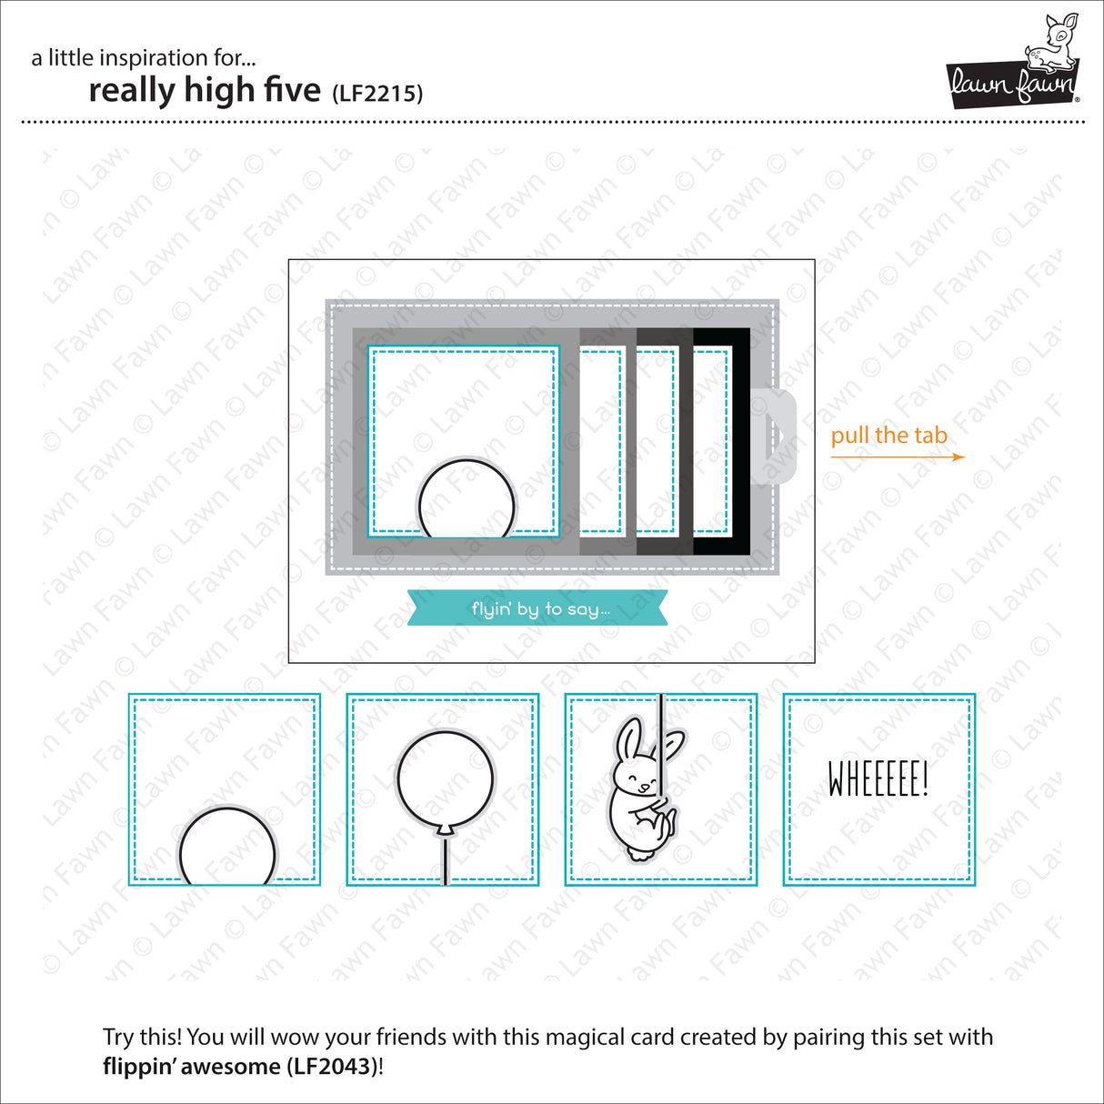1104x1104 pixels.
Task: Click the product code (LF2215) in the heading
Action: click(377, 93)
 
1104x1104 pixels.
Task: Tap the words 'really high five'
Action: click(205, 91)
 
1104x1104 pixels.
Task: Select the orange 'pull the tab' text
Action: click(888, 436)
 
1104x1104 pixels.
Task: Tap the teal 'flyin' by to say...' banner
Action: click(537, 608)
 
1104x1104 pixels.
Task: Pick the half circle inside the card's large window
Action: click(466, 501)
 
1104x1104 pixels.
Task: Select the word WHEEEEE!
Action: click(878, 779)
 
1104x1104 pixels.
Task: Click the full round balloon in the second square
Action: click(445, 779)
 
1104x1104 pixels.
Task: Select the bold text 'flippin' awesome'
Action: click(191, 1066)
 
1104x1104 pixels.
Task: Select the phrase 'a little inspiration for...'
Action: click(144, 58)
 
